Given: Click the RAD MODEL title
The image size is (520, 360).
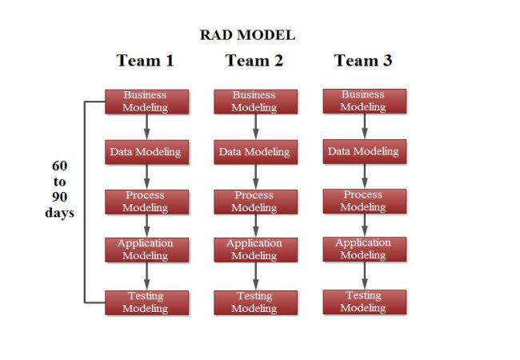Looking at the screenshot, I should coord(247,35).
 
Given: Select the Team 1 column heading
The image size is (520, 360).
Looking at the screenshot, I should coord(145,61).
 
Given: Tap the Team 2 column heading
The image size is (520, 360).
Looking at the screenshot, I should coord(254,61).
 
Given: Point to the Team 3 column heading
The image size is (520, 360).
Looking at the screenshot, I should coord(363,61).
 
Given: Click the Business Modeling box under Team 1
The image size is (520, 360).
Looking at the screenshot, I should coord(146,102).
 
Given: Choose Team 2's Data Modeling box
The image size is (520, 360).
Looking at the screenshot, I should coord(255,152).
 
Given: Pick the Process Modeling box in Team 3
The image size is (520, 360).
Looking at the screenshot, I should coord(364,201).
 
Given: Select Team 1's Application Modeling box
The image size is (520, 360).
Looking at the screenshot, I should coord(146,250).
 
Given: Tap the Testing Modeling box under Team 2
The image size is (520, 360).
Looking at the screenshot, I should coord(255,302).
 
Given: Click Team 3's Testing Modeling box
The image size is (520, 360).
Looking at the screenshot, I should coord(364,302).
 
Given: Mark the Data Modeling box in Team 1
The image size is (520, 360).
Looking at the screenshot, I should coord(146,152).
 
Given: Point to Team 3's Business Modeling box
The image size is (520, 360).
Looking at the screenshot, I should coord(364,101).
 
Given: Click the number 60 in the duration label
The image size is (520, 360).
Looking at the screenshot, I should coord(60,166).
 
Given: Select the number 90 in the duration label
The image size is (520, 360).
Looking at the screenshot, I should coord(60,198).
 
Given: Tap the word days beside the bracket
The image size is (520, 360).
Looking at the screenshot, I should coord(60,214).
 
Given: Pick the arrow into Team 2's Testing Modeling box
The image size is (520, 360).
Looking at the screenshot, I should coord(255,276).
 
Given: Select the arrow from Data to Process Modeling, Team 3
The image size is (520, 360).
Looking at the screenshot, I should coord(364,176).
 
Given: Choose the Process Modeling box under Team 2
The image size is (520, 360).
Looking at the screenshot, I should coord(255,202).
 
